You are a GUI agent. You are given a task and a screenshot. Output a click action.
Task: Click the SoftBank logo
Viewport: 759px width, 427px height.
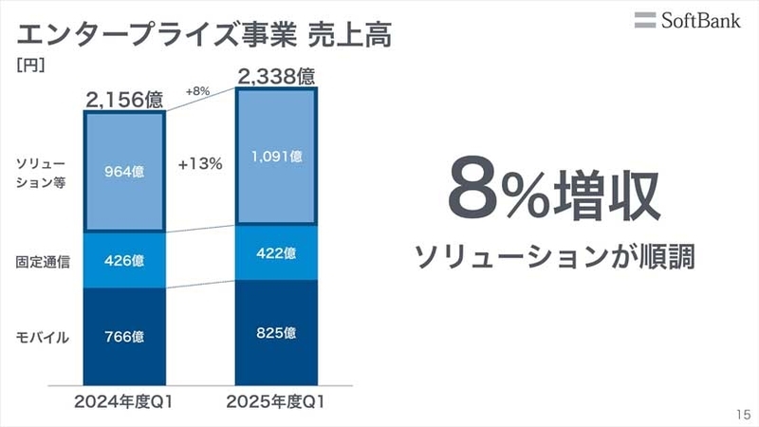(x=687, y=20)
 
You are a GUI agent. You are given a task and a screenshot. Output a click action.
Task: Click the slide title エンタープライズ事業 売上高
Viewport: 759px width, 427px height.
(x=204, y=36)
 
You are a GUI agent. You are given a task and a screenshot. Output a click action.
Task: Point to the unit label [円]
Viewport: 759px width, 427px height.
(x=31, y=68)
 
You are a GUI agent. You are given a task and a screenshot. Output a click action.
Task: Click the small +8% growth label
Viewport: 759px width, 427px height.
(x=195, y=92)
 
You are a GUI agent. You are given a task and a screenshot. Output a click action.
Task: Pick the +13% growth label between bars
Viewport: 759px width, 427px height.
(x=200, y=163)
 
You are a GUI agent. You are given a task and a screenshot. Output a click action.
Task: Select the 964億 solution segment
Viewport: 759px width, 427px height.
(x=125, y=172)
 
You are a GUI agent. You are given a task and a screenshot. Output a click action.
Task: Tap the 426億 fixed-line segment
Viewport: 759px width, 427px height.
(x=125, y=259)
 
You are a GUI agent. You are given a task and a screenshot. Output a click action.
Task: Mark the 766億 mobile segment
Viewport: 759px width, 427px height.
(x=125, y=334)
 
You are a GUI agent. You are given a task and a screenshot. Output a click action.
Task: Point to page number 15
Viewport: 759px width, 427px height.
(x=741, y=415)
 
